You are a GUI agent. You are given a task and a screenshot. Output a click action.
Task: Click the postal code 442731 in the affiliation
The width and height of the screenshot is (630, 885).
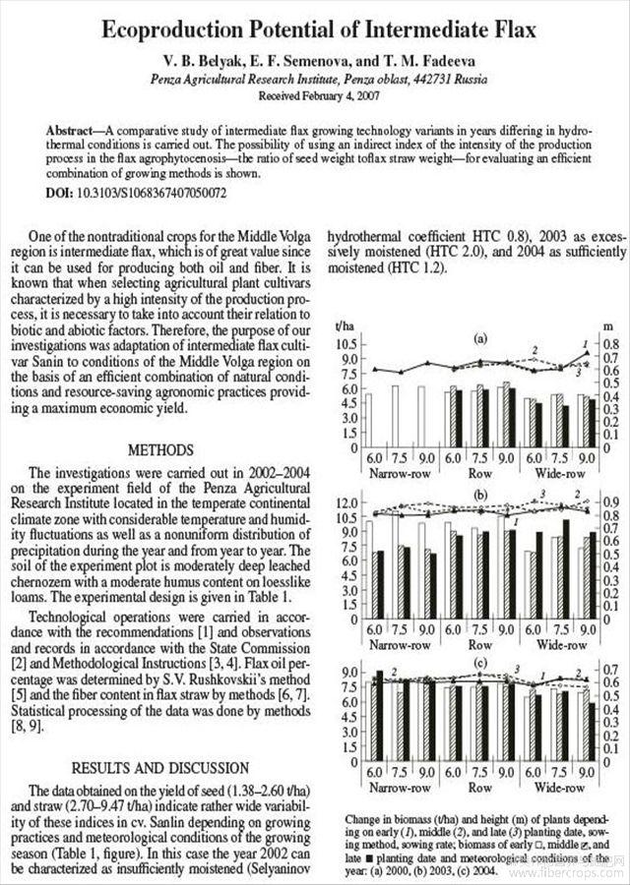pyautogui.click(x=411, y=80)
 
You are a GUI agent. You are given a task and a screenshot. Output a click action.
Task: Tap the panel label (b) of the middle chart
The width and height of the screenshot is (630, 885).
pyautogui.click(x=481, y=494)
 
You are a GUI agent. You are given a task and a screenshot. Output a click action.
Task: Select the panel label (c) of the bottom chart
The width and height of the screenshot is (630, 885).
pyautogui.click(x=481, y=663)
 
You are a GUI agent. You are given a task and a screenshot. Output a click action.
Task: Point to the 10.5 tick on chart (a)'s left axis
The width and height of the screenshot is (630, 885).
pyautogui.click(x=349, y=345)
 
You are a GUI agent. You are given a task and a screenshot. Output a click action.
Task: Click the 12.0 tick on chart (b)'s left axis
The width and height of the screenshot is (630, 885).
pyautogui.click(x=347, y=502)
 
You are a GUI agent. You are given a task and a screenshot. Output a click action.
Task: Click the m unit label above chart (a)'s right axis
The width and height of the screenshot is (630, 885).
pyautogui.click(x=606, y=325)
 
